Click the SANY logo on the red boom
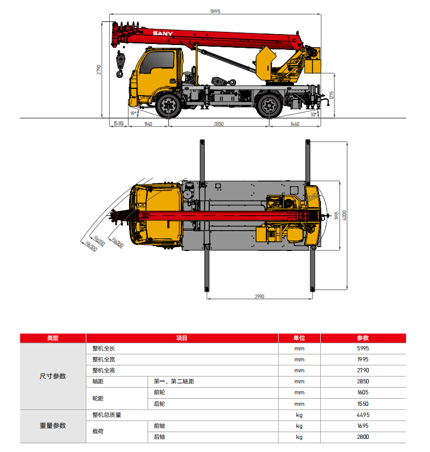(163, 34)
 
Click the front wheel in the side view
(168, 105)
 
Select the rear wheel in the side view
(269, 104)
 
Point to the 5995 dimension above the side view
(215, 11)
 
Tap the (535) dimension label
(118, 125)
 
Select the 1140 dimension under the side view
(148, 125)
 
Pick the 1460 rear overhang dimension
(294, 125)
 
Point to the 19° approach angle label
(133, 114)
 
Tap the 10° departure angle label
(314, 114)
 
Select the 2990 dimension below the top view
(259, 297)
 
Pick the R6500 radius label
(91, 247)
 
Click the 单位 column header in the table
(299, 338)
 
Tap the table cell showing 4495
(362, 415)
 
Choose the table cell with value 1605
(362, 393)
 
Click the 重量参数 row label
(53, 426)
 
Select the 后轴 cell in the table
(159, 437)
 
